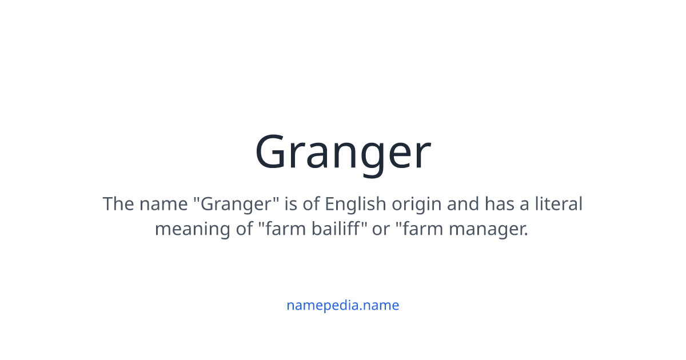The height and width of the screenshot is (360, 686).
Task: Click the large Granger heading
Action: pyautogui.click(x=343, y=153)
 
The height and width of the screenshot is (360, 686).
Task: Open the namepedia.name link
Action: pyautogui.click(x=343, y=305)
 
